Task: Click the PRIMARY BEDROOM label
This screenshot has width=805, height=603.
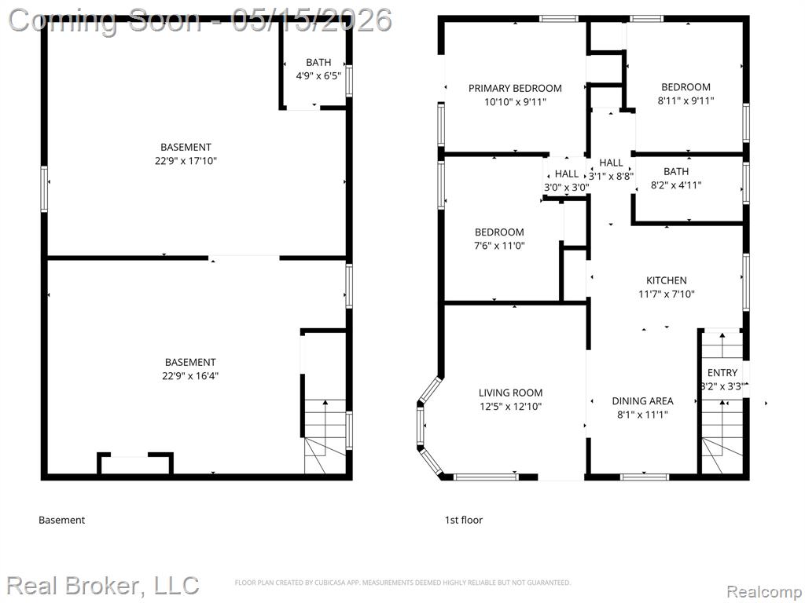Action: [x=515, y=88]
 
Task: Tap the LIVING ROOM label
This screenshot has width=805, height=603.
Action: [x=510, y=393]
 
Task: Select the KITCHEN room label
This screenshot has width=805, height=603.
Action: [x=667, y=280]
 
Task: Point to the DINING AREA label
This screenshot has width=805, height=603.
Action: [x=642, y=401]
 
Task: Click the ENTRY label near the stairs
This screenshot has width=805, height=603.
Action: [x=722, y=373]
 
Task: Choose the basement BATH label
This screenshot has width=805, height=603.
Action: [x=318, y=63]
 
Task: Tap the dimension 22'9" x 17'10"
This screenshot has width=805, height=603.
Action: [x=186, y=161]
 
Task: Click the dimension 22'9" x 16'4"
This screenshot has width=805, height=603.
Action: [x=190, y=376]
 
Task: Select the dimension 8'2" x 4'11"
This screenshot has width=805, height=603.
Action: [x=675, y=185]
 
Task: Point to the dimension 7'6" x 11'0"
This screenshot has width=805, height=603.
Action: [x=499, y=246]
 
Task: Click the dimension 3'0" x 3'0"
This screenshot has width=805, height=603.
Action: [x=566, y=188]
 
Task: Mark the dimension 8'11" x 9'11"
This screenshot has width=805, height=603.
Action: [x=686, y=101]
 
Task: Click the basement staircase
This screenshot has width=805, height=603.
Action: [x=325, y=437]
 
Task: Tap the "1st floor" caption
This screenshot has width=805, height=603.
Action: [x=464, y=520]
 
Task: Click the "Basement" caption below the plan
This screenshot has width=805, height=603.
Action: [x=61, y=520]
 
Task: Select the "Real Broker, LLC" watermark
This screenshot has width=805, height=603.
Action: [x=103, y=586]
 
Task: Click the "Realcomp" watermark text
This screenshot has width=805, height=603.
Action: [x=763, y=591]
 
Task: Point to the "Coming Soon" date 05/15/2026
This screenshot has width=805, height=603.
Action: [x=311, y=20]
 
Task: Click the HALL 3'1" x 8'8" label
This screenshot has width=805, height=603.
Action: [x=611, y=170]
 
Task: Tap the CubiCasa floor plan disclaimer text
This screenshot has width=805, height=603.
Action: [x=402, y=583]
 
